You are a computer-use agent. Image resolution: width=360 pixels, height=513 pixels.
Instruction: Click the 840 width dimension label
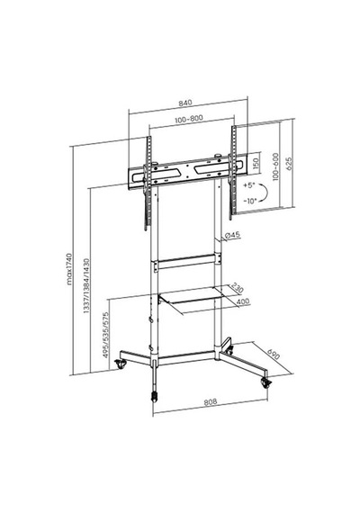point(184,103)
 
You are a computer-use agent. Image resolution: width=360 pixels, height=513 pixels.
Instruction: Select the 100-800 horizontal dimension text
point(189,119)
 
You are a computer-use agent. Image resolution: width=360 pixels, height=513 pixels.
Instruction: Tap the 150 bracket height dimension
point(256,163)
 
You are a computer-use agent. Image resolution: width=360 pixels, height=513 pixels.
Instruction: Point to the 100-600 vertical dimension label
point(276,166)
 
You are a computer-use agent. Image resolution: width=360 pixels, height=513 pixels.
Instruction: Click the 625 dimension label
point(289,163)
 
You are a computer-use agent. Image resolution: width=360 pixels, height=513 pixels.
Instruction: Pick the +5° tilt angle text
point(249,185)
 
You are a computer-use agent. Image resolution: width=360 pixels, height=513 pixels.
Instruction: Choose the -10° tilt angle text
point(250,202)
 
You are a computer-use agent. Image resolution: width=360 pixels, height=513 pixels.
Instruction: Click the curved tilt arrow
point(266,193)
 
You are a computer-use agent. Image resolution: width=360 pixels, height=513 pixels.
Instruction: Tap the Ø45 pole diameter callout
point(233,235)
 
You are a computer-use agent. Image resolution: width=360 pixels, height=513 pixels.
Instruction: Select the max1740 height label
point(69,268)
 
